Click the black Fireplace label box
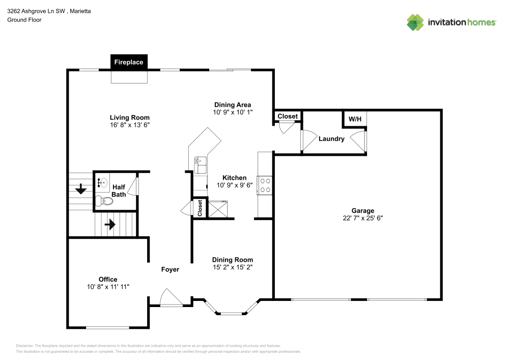point(129,62)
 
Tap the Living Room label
point(129,117)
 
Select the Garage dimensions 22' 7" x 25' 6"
point(362,218)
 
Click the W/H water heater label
point(354,119)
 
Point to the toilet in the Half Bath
point(106,201)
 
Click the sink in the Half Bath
point(102,183)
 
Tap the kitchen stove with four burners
point(265,185)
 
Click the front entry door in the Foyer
point(171,298)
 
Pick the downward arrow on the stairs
point(80,190)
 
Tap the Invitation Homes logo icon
point(415,22)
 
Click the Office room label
point(108,279)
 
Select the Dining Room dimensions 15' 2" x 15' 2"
point(232,267)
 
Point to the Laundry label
point(331,139)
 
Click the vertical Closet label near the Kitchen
point(200,208)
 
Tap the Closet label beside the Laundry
point(288,117)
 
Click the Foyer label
point(170,269)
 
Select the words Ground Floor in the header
point(24,20)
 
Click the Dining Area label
point(232,104)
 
